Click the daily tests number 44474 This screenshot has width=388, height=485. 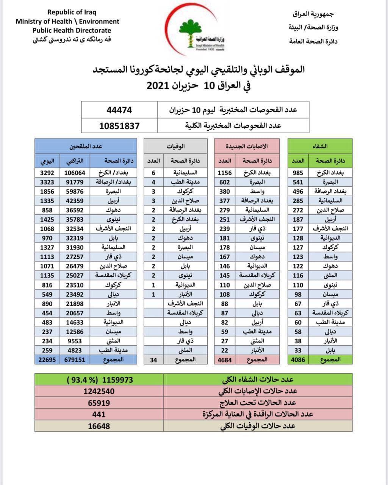click(119, 110)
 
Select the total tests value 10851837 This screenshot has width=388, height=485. click(119, 126)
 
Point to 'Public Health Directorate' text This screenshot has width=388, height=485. click(72, 31)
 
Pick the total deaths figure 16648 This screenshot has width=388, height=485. click(99, 426)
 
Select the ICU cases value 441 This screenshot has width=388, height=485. click(99, 415)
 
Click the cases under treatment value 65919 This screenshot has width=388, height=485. click(99, 403)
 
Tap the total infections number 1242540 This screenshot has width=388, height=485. click(99, 391)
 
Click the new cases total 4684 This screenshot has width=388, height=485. click(225, 360)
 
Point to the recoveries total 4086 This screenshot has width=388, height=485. click(298, 360)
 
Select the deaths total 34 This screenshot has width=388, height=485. click(153, 360)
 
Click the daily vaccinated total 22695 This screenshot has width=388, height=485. click(47, 360)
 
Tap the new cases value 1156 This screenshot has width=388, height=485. click(225, 173)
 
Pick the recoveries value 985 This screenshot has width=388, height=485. click(298, 173)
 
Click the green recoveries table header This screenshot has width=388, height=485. click(320, 146)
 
